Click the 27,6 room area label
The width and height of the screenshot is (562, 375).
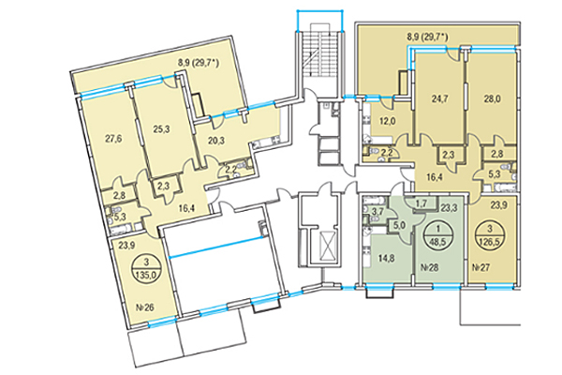point(113,139)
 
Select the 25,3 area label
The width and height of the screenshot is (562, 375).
point(162,129)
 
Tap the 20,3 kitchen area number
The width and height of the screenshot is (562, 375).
point(216,141)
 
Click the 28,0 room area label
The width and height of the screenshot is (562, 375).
point(494,98)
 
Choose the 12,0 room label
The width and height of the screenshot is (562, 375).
point(388,121)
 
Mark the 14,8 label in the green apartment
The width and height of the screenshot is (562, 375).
point(388,258)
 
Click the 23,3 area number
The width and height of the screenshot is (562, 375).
point(449,208)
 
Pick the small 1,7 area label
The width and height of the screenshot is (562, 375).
point(421,204)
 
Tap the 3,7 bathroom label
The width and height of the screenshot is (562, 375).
point(378,212)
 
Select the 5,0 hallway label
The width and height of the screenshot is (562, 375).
point(400,226)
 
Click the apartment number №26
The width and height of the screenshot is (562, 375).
point(145,307)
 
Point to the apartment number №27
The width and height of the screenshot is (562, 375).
point(480,267)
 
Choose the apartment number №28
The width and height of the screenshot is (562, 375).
point(429,267)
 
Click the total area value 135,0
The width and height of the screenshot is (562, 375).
point(147,276)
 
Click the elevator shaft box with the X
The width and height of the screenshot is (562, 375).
point(326,247)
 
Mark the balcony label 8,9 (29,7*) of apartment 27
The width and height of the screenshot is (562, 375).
point(429,37)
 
